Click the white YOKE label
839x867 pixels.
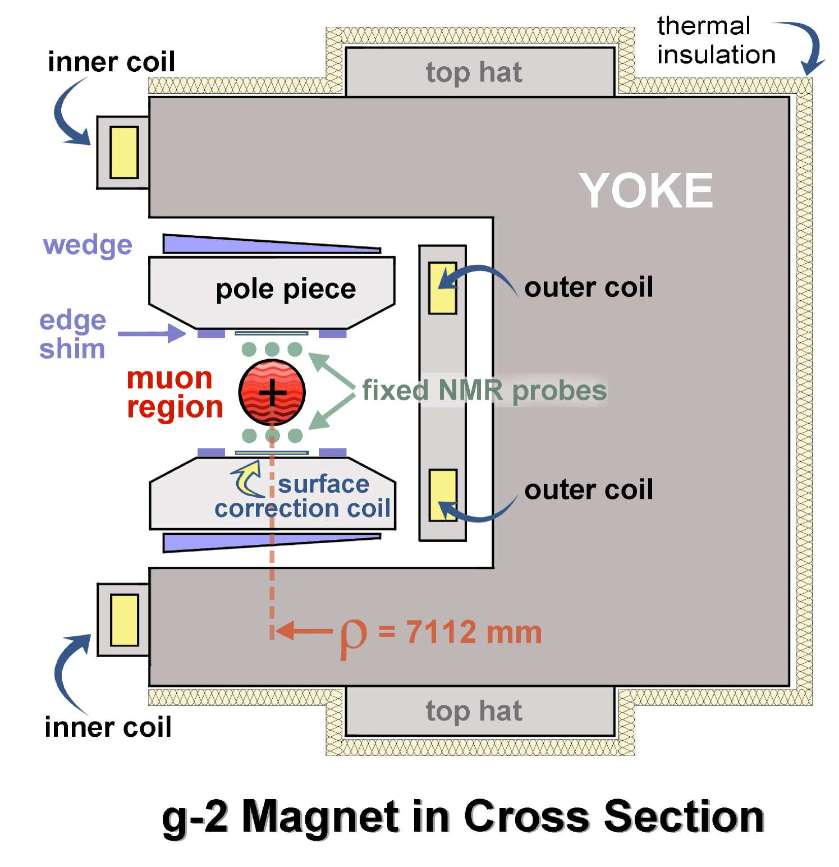coord(645,191)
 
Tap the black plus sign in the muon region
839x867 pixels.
coord(273,392)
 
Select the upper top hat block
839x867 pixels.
coord(480,72)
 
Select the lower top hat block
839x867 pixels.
coord(480,710)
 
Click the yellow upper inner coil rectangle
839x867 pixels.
coord(124,152)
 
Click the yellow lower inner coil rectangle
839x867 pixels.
coord(124,620)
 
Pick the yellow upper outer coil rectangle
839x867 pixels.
coord(442,287)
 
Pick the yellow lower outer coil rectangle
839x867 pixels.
coord(442,495)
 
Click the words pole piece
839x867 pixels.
coord(286,289)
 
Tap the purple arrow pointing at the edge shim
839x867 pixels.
coord(152,333)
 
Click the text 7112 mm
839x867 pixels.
coord(474,632)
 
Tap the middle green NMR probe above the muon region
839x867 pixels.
coord(272,349)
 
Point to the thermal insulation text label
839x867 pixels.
coord(716,40)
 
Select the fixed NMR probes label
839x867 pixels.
coord(484,390)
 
